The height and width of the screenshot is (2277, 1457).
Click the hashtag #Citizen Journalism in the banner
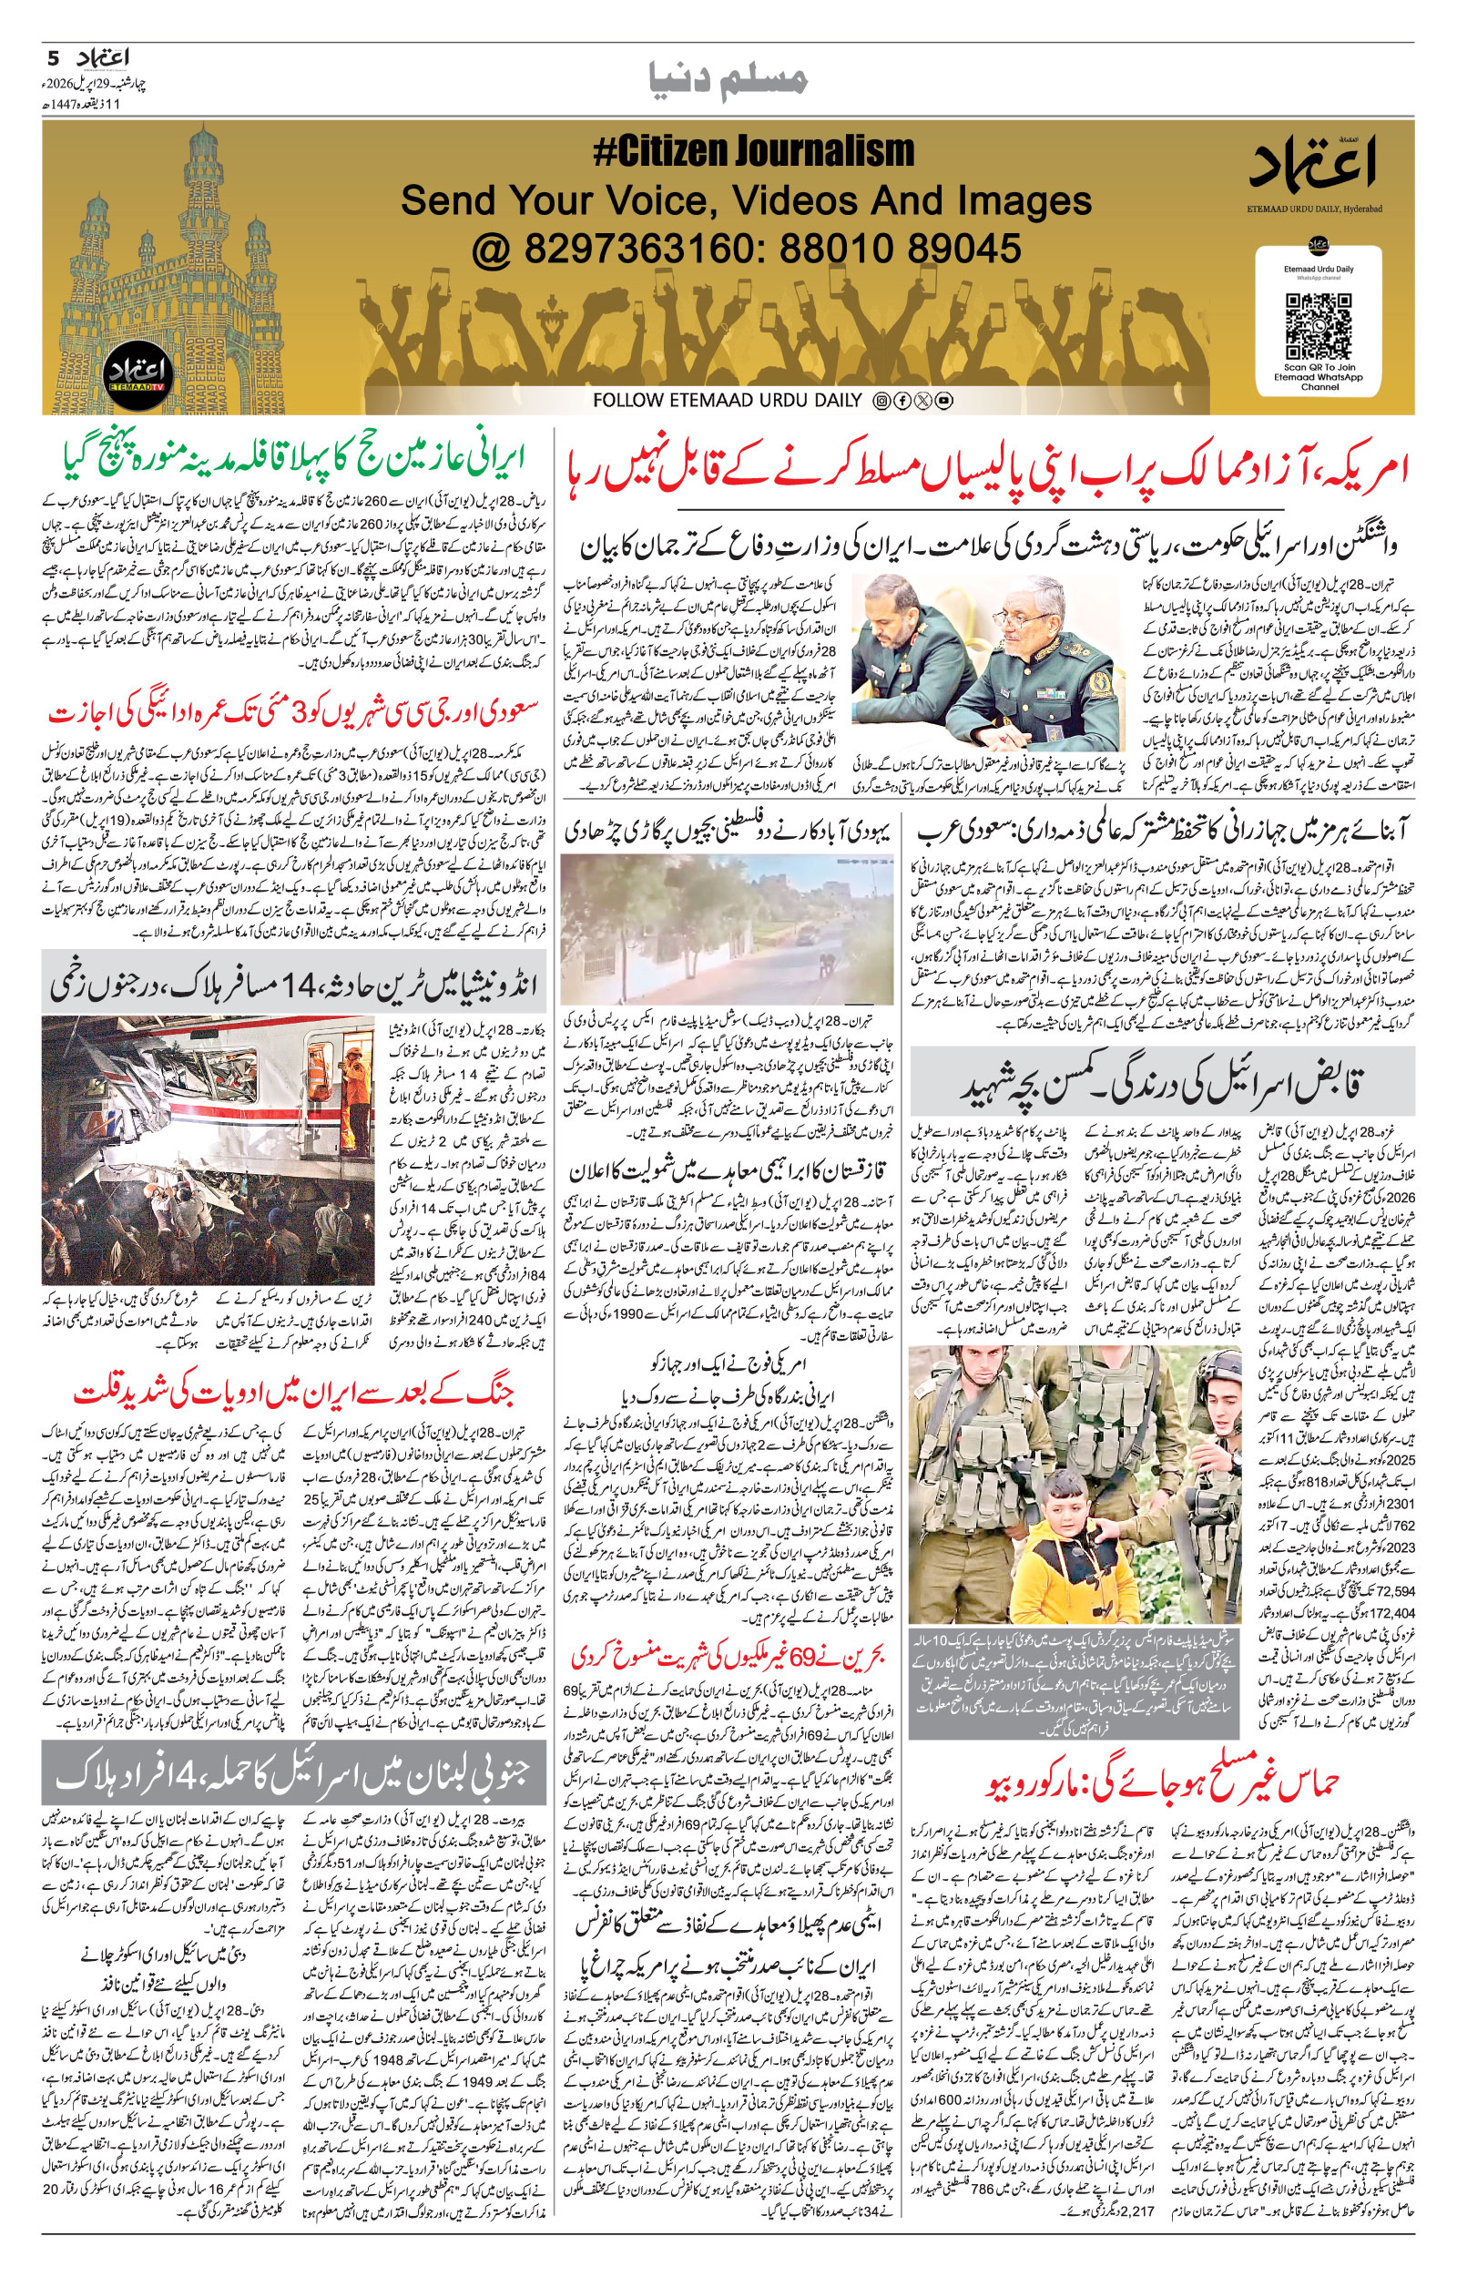(753, 152)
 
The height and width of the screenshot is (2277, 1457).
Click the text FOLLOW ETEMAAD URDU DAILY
(727, 400)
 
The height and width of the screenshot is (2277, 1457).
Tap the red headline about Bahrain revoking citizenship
(727, 1656)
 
